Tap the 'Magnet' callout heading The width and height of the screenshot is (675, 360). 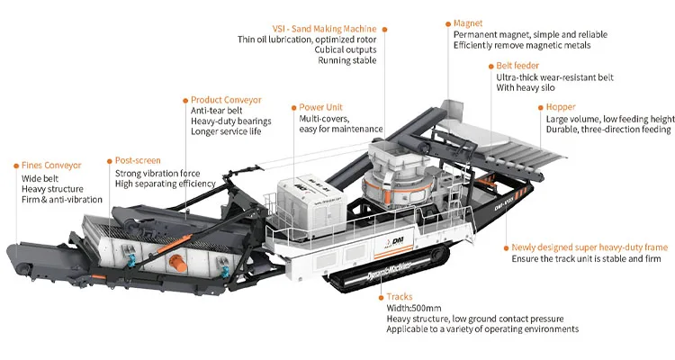click(x=468, y=22)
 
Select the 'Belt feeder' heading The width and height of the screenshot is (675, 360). click(x=517, y=66)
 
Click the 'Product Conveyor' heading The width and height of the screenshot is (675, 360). click(x=226, y=99)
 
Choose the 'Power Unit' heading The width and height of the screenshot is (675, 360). click(x=320, y=107)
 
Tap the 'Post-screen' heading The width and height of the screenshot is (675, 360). click(x=138, y=160)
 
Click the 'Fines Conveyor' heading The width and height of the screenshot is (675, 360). click(x=51, y=166)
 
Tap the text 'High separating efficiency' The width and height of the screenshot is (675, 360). click(x=165, y=184)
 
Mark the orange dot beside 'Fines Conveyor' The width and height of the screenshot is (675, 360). click(x=14, y=166)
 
